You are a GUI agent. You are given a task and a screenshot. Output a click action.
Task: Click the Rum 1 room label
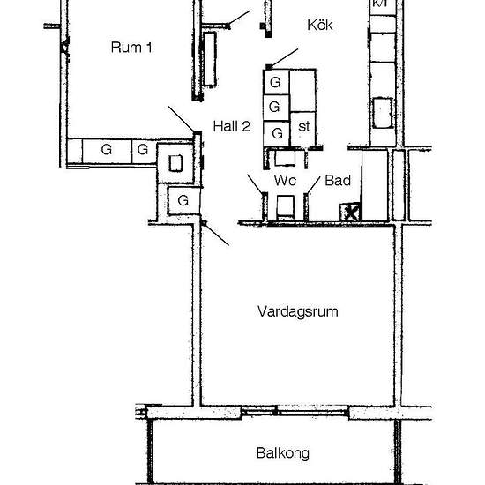pos(131,48)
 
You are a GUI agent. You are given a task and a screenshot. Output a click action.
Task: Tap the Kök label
pos(320,25)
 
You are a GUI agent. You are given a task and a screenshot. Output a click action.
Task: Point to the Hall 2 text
pos(232,126)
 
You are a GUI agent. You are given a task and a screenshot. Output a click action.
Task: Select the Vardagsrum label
pos(297,311)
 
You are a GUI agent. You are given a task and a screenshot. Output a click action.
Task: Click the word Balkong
pos(283,453)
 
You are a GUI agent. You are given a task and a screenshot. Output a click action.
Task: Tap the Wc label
pos(285,180)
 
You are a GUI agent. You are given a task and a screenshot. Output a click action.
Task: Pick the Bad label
pos(338,180)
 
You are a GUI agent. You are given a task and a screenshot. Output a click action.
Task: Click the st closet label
pos(303,126)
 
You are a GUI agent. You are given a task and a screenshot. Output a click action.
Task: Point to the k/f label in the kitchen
pos(380,4)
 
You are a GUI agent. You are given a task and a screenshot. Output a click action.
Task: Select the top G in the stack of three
pos(275,82)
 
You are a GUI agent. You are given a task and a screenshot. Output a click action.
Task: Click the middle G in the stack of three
pos(274,107)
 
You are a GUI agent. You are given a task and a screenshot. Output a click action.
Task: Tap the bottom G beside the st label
pos(277,133)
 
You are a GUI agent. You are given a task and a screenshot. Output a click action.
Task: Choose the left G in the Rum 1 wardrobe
pos(107,150)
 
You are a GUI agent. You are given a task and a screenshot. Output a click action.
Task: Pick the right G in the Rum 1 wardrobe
pos(143,150)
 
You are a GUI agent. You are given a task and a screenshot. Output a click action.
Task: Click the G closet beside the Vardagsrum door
pos(183,200)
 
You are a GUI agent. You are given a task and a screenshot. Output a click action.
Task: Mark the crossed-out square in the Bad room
pos(350,213)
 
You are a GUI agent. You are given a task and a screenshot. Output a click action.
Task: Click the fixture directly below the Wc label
pos(285,206)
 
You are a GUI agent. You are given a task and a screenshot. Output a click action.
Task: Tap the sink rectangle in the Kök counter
pos(383,113)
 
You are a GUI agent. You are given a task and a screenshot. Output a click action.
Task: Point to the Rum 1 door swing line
pos(182,119)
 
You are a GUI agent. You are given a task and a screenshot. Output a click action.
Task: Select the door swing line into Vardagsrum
pos(216,234)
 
